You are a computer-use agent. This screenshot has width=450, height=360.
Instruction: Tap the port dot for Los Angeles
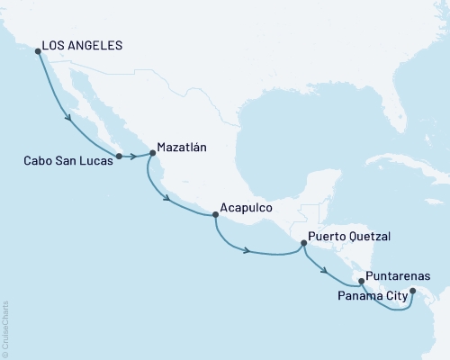(37, 50)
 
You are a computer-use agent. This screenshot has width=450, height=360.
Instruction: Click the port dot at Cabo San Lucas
(119, 155)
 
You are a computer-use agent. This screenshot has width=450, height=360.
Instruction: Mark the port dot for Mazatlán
(151, 154)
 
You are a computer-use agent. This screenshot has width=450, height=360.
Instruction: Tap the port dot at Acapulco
(214, 215)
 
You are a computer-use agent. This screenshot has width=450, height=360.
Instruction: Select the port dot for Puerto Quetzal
(303, 241)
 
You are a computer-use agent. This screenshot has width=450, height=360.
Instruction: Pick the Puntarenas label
(398, 276)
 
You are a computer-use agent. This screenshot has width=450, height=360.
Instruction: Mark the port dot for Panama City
(412, 291)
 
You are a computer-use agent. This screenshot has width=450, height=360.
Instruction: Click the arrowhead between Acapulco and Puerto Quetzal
(247, 250)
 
